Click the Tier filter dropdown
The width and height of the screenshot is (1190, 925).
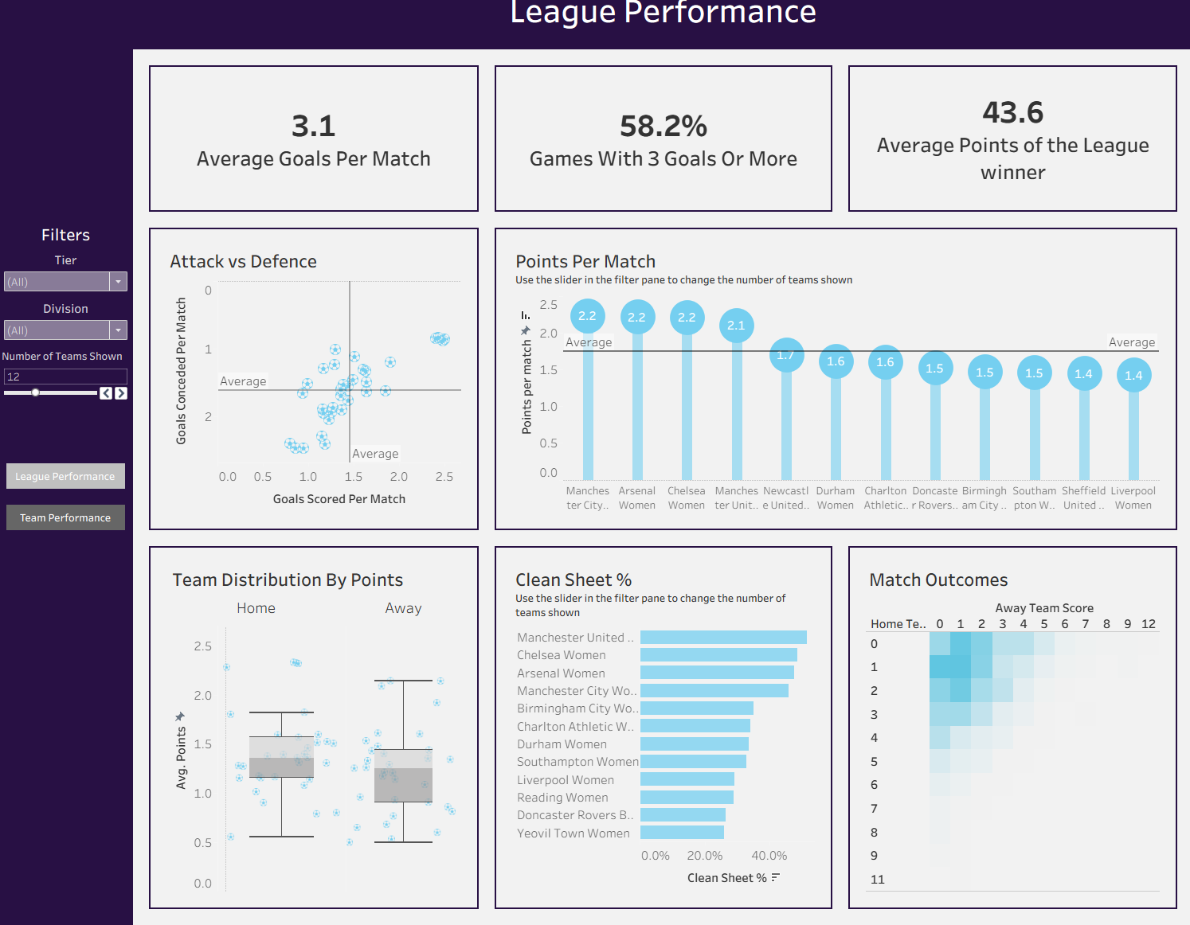coord(65,282)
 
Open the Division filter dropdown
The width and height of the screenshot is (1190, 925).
coord(65,330)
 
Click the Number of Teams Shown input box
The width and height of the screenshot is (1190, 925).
coord(65,377)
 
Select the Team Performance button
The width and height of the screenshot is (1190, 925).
coord(65,517)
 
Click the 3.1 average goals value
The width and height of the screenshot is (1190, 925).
coord(313,126)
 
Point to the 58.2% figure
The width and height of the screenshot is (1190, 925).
coord(663,126)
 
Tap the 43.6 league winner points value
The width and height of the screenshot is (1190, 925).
coord(1012,112)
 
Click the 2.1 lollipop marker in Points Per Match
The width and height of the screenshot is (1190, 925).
coord(736,326)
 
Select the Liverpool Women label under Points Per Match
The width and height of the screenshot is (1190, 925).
coord(1133,498)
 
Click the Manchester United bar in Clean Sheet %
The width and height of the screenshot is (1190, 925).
coord(723,637)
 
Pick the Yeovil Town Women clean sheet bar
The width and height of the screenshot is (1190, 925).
coord(682,833)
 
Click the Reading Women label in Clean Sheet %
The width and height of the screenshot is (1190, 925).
coord(562,798)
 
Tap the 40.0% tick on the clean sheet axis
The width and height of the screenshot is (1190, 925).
coord(769,856)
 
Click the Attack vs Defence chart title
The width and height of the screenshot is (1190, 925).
coord(243,262)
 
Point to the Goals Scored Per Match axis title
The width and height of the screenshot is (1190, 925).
coord(339,499)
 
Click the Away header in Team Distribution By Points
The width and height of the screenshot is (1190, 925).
coord(403,608)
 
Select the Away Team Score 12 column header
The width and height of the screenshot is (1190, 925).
coord(1148,624)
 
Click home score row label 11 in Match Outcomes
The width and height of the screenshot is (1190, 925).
coord(877,880)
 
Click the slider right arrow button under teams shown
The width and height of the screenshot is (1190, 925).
coord(121,393)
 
